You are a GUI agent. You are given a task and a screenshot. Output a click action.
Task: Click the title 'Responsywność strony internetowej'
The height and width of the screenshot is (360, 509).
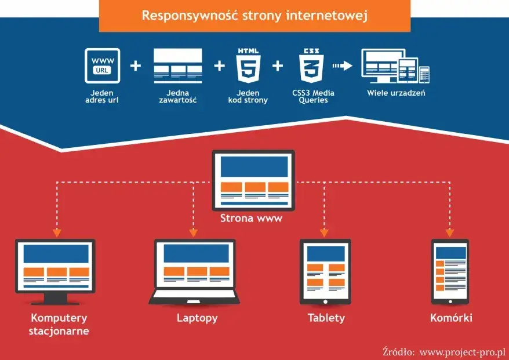pos(255,15)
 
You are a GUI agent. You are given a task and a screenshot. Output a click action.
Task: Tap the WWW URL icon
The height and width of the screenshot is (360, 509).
pos(102,66)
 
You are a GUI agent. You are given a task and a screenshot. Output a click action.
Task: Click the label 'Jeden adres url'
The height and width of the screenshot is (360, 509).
pos(102,96)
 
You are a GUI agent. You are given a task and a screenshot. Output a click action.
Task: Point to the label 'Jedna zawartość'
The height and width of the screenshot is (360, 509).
pos(177,96)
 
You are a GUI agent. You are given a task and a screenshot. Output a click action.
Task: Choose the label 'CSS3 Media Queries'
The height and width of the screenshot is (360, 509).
pos(313,96)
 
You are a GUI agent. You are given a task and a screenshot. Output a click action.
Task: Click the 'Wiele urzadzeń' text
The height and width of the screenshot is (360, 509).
pos(396,93)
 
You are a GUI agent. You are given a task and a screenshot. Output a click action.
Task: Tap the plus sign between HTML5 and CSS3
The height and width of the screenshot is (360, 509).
pos(278,66)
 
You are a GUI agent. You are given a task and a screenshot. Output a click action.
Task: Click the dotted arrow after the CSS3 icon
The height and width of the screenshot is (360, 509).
pos(343,66)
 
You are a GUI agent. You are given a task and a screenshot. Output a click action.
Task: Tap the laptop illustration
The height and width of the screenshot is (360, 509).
pos(195,270)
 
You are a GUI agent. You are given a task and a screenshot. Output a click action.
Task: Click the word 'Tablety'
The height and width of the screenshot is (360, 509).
pos(326,318)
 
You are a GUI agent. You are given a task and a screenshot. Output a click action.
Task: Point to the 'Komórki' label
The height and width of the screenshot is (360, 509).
pos(451,318)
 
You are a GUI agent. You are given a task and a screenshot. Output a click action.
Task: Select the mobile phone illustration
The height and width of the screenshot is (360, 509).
pos(450,271)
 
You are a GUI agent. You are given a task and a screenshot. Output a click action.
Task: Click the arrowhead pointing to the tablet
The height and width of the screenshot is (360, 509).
pos(324,232)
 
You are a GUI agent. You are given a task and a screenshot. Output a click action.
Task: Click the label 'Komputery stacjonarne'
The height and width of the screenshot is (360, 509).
pos(59,324)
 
